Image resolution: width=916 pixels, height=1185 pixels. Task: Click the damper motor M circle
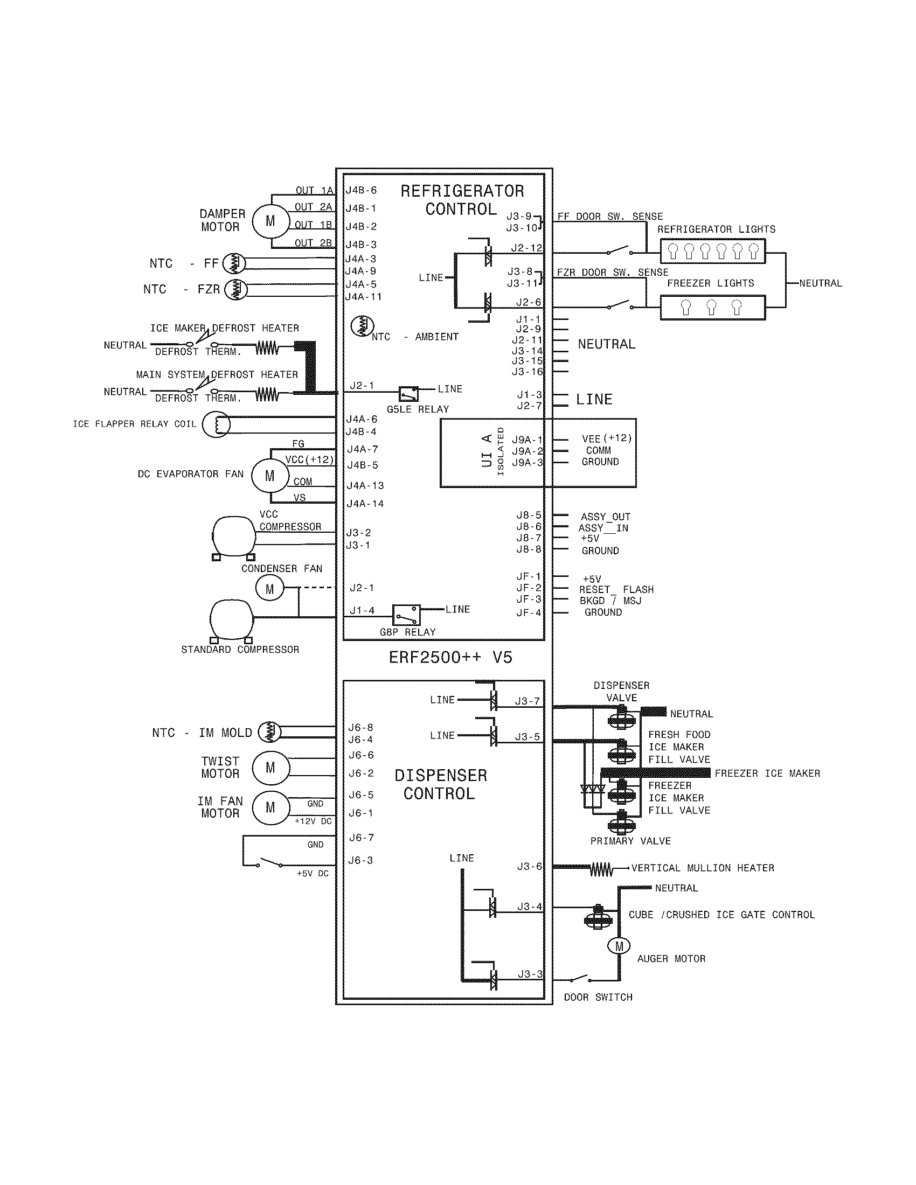pyautogui.click(x=270, y=221)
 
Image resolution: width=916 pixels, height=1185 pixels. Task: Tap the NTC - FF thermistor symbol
pyautogui.click(x=234, y=264)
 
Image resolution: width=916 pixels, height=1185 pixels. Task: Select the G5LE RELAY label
pyautogui.click(x=418, y=409)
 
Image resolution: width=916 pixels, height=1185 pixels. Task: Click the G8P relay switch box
pyautogui.click(x=406, y=614)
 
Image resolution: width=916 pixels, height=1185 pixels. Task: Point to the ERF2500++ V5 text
pyautogui.click(x=450, y=658)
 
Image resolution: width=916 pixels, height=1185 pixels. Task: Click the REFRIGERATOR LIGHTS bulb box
pyautogui.click(x=712, y=252)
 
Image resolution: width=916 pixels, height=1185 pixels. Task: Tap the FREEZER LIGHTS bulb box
pyautogui.click(x=712, y=308)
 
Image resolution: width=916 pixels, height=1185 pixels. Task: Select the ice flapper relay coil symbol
pyautogui.click(x=216, y=424)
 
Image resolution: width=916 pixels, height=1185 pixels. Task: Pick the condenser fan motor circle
pyautogui.click(x=270, y=589)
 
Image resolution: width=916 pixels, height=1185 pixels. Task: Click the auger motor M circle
pyautogui.click(x=619, y=946)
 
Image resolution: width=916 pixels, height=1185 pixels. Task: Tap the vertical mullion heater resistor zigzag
pyautogui.click(x=601, y=869)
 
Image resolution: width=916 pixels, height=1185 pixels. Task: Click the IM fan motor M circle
pyautogui.click(x=270, y=808)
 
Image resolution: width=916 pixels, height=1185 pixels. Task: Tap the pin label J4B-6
pyautogui.click(x=361, y=191)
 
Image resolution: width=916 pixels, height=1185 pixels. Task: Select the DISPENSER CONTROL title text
pyautogui.click(x=440, y=785)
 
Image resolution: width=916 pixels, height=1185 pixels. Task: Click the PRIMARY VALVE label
pyautogui.click(x=630, y=841)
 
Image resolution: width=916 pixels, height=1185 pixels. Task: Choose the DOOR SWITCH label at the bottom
pyautogui.click(x=598, y=997)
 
